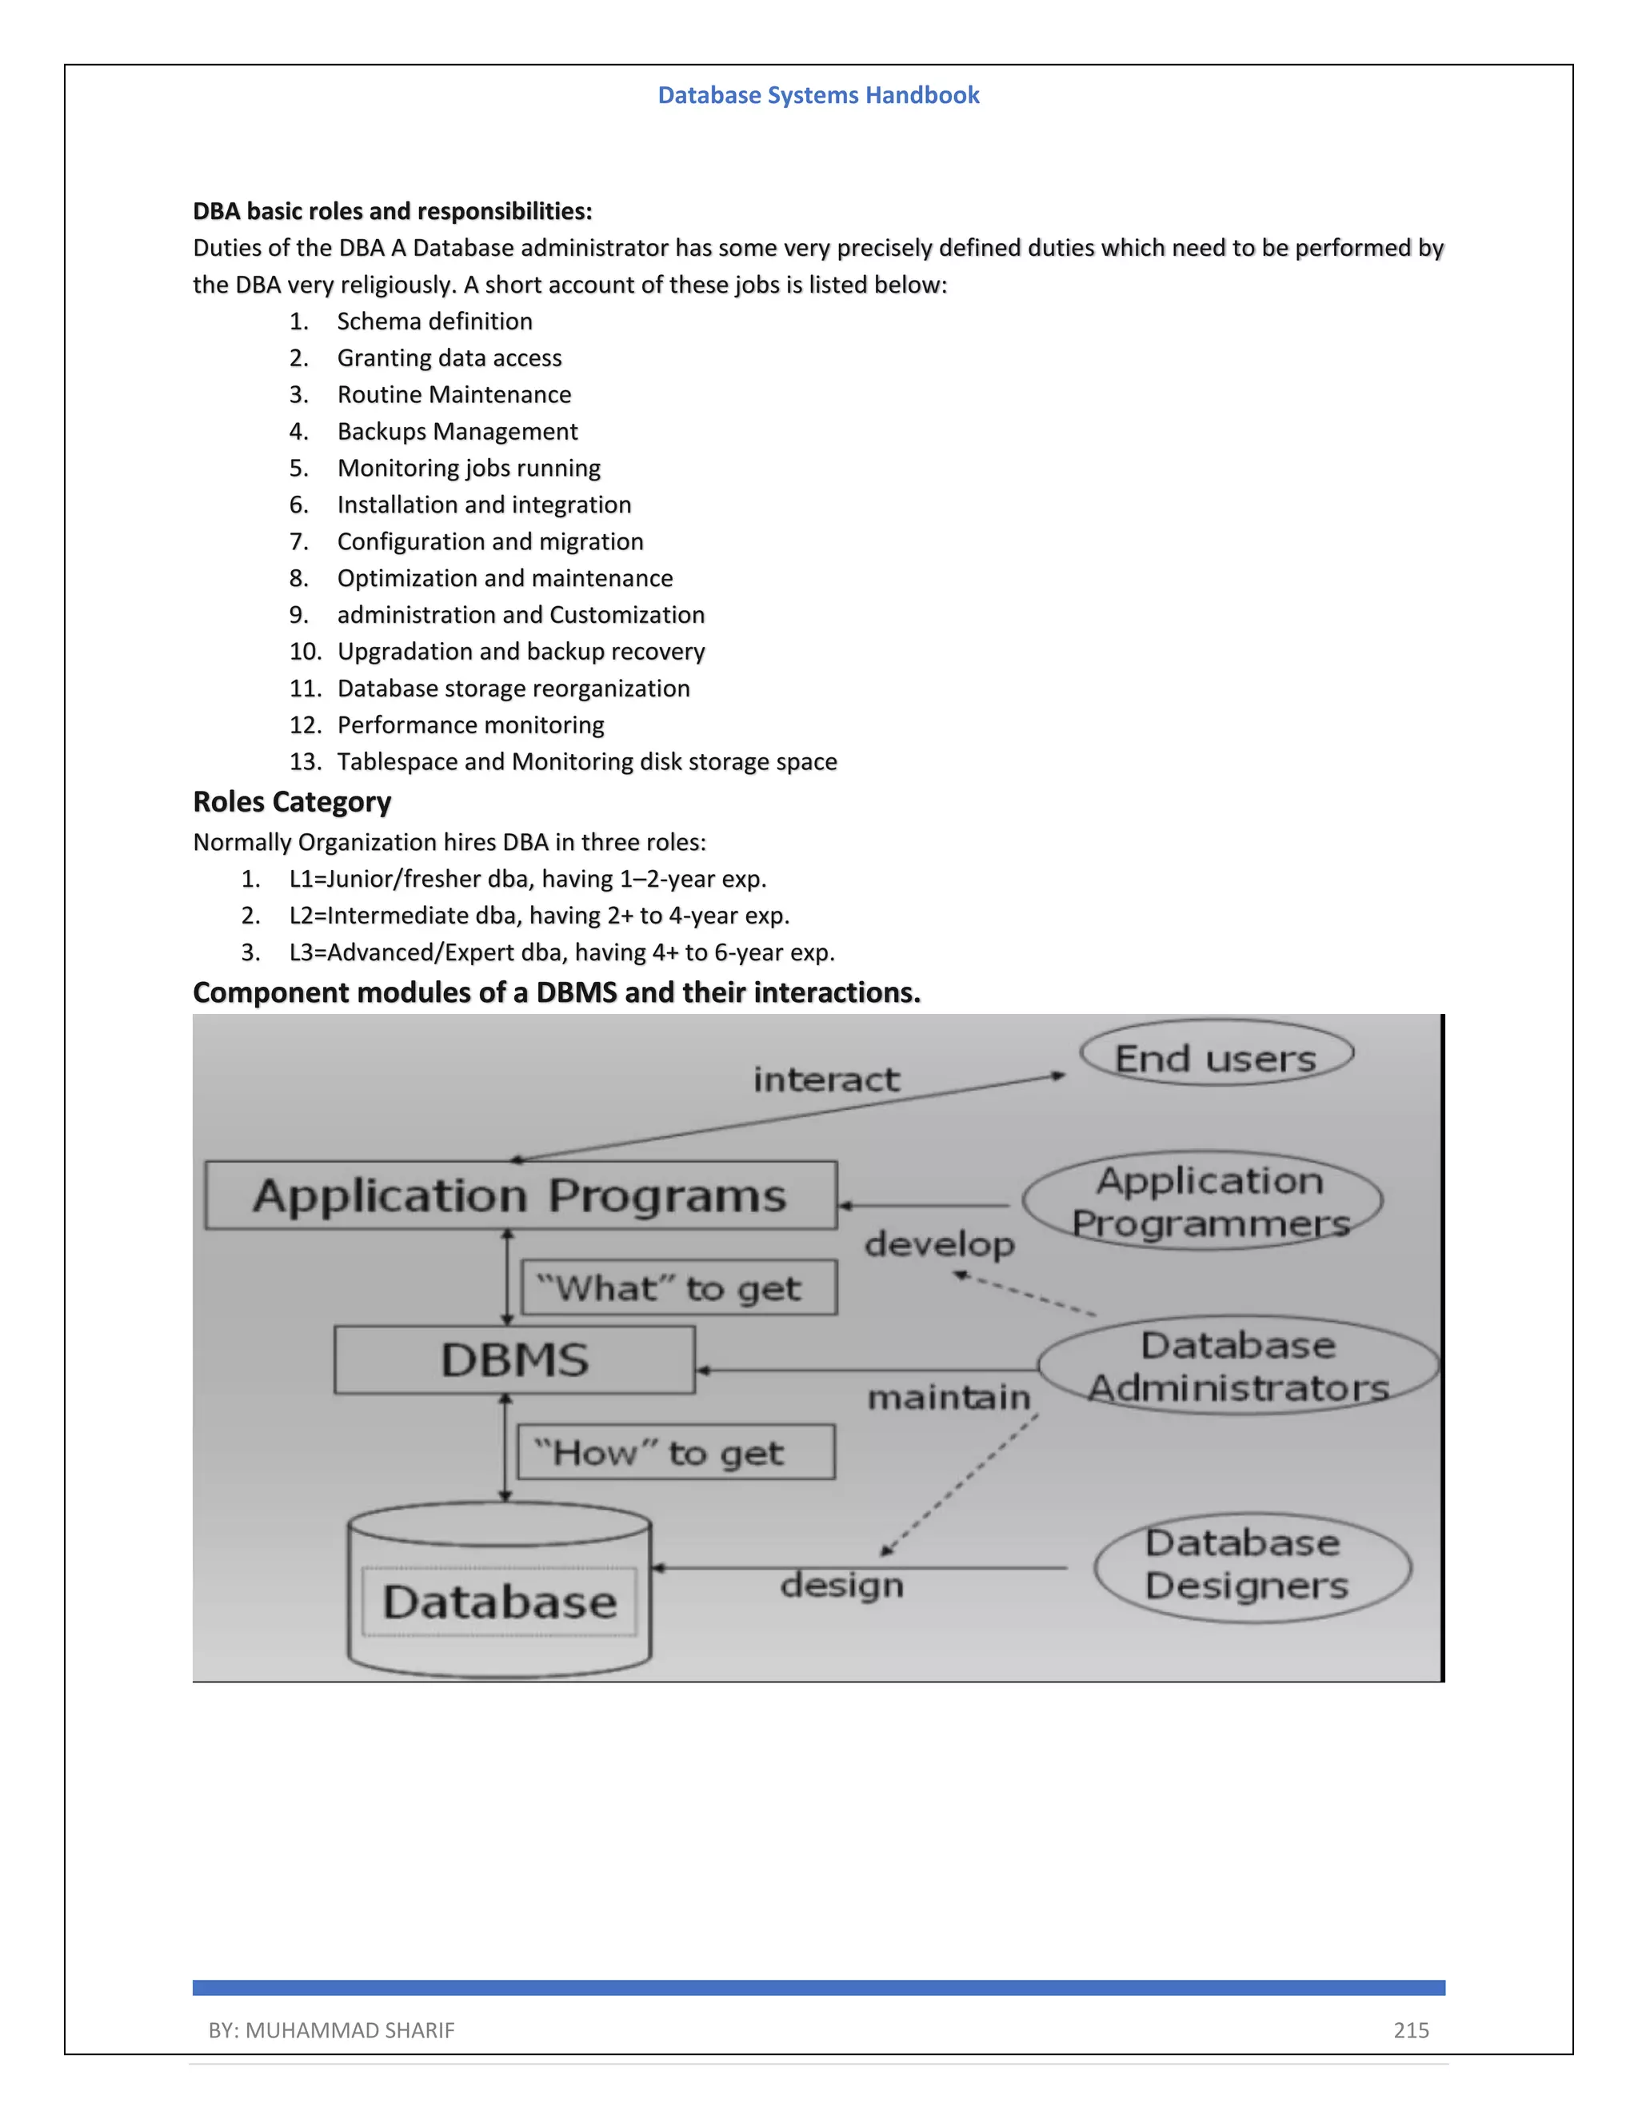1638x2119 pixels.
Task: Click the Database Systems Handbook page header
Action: (x=818, y=95)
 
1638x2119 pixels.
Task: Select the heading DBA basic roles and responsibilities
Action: (x=392, y=212)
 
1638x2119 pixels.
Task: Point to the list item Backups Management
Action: (x=457, y=432)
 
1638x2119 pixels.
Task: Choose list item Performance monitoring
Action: (x=469, y=726)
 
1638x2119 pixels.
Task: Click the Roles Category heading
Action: (x=291, y=802)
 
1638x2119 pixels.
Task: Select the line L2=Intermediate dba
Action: (x=538, y=916)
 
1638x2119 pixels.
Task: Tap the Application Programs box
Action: (x=521, y=1195)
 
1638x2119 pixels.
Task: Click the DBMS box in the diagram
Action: (x=514, y=1360)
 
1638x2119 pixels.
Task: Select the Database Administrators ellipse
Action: (x=1237, y=1366)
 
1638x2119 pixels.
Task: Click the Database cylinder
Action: (x=499, y=1592)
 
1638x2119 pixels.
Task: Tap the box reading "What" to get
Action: (x=678, y=1288)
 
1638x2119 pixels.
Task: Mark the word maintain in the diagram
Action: (x=948, y=1398)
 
